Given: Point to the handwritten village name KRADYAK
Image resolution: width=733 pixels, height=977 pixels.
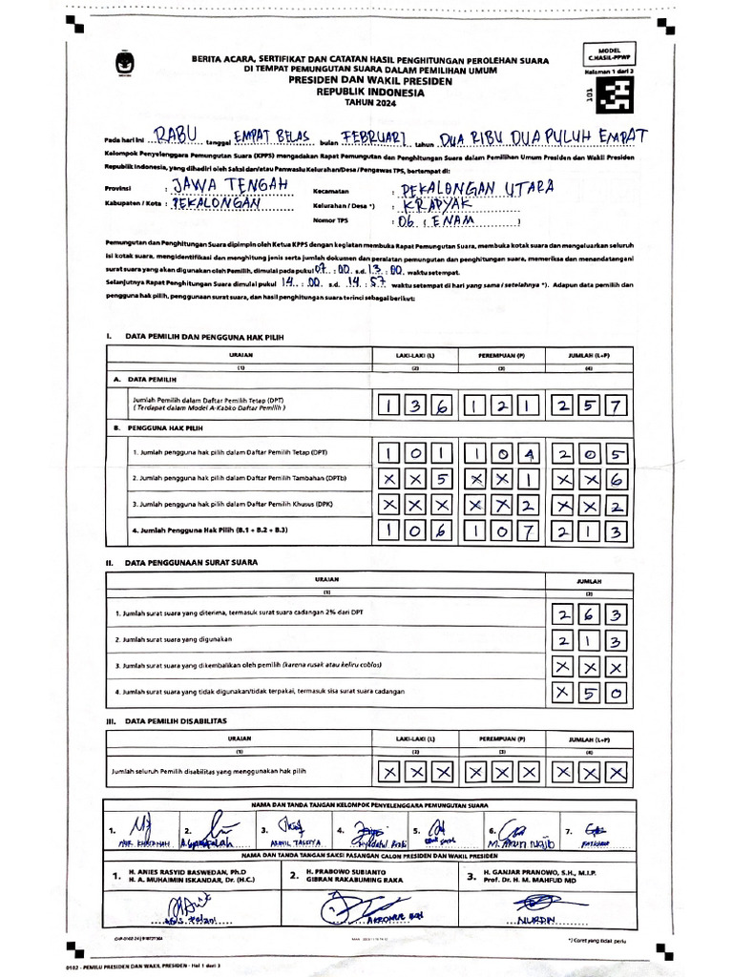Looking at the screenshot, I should point(437,206).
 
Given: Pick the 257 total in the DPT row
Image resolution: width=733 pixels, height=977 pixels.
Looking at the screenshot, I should point(590,406).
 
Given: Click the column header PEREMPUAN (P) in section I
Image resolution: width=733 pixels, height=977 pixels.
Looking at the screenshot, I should point(502,356).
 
